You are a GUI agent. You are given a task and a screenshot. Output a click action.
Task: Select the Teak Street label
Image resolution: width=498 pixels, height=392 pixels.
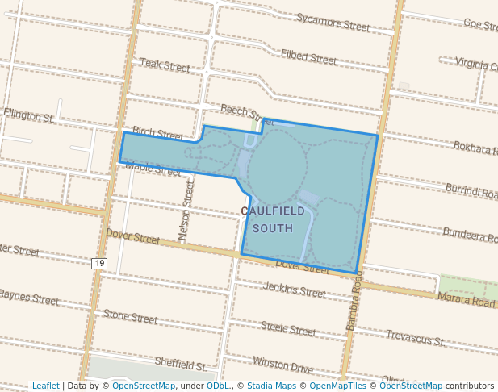click(x=165, y=64)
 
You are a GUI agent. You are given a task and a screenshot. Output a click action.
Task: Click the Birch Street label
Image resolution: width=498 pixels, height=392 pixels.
click(x=158, y=132)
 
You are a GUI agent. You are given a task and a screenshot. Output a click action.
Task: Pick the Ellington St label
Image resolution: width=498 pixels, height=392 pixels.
click(x=28, y=116)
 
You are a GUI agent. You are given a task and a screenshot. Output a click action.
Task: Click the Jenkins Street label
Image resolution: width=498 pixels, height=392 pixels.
click(x=295, y=290)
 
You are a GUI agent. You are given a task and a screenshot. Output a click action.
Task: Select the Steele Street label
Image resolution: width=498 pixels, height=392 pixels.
click(x=288, y=329)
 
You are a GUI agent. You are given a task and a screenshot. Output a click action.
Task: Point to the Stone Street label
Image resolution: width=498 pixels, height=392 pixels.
click(x=130, y=317)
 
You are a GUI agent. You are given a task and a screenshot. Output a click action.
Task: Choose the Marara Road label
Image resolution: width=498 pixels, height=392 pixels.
click(x=466, y=301)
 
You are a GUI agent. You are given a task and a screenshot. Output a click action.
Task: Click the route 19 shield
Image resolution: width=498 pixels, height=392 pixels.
click(x=98, y=264)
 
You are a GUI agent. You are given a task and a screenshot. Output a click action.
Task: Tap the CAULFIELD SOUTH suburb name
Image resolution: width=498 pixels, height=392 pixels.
click(x=274, y=219)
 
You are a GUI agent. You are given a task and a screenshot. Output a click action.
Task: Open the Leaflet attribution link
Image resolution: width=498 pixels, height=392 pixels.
click(x=45, y=386)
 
